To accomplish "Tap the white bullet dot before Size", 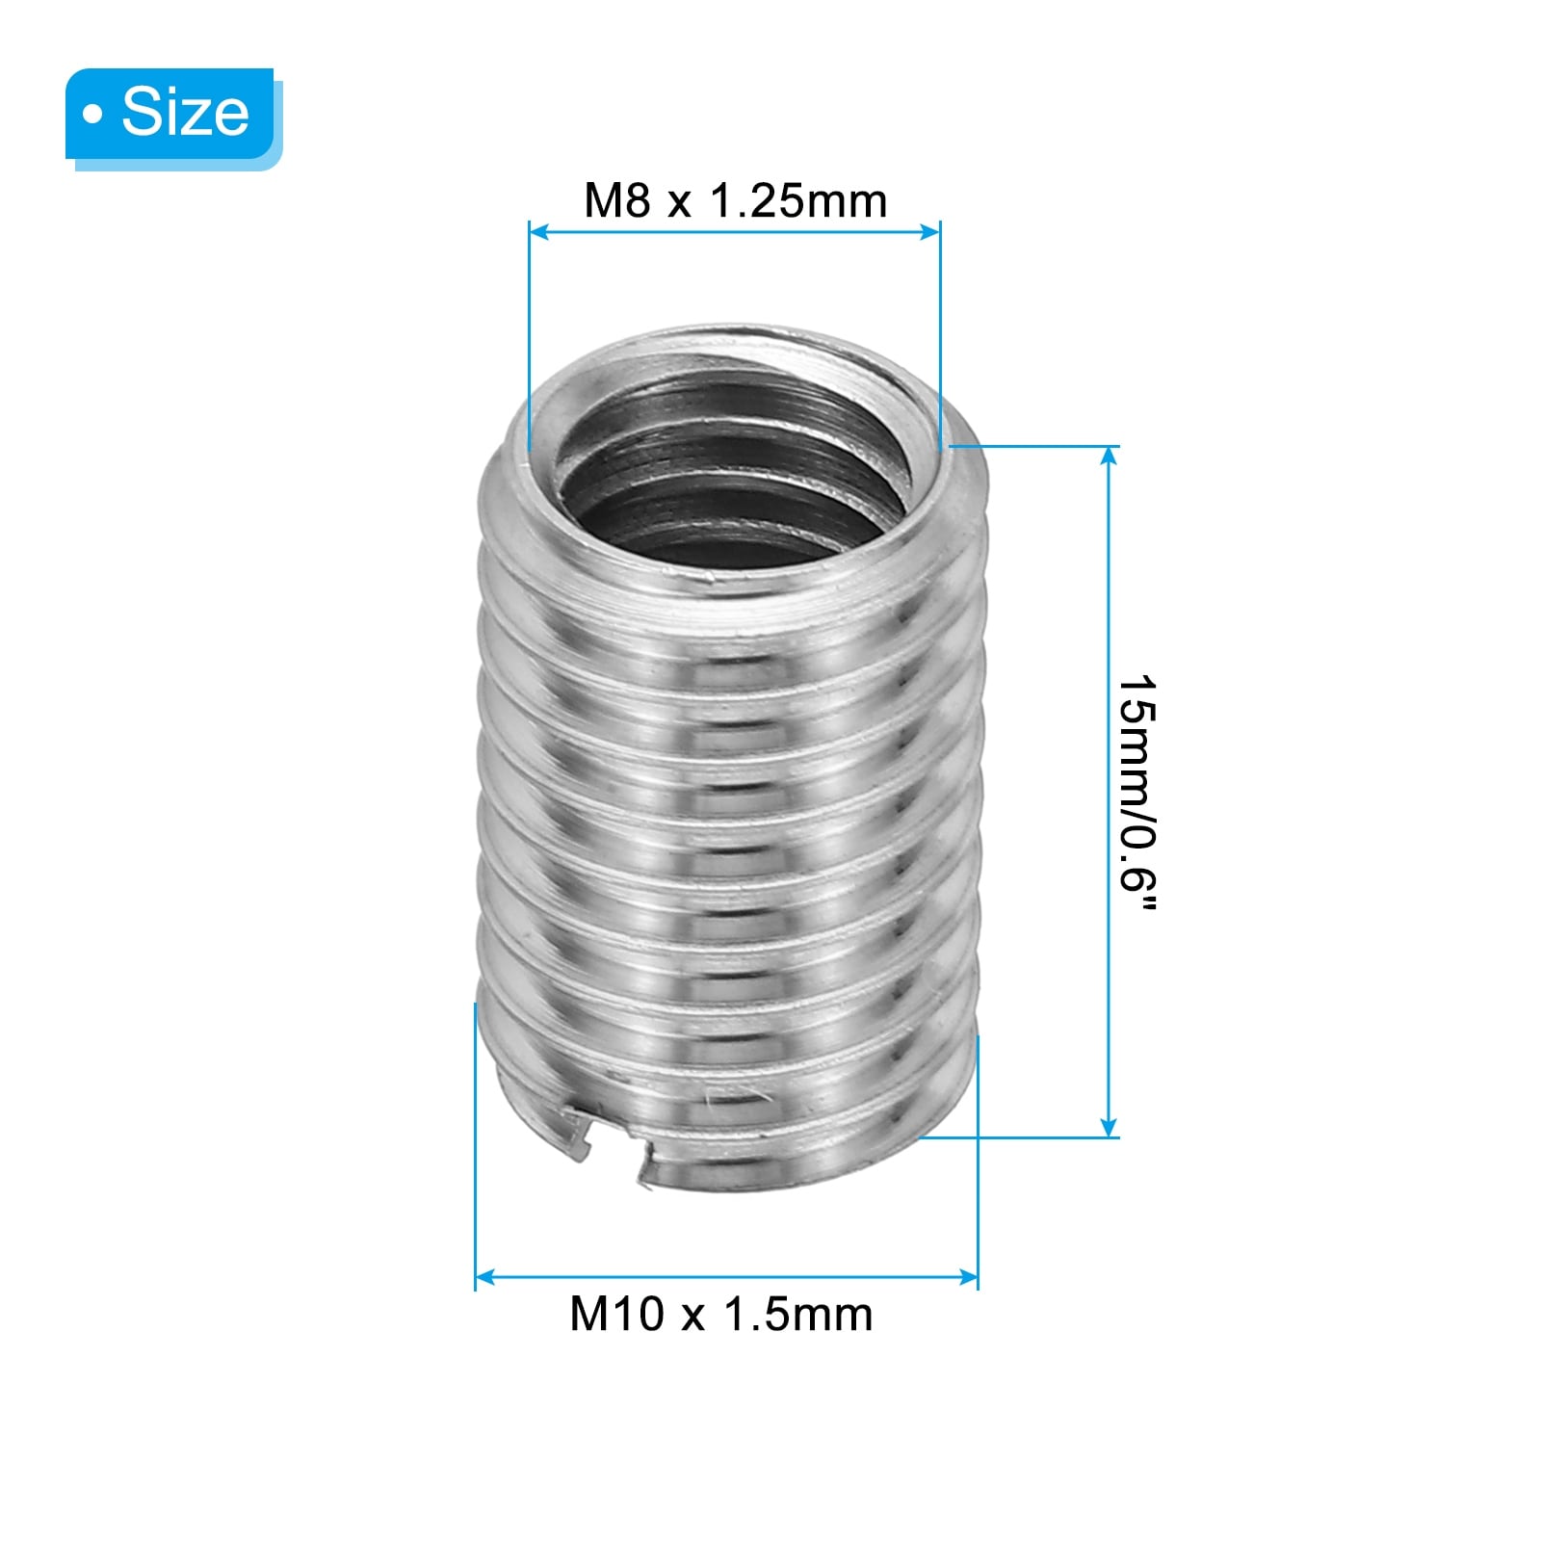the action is [x=92, y=116].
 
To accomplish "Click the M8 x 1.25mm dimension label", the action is [x=735, y=201].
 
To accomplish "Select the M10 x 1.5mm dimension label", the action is [x=721, y=1314].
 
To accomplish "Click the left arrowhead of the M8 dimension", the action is [x=538, y=231].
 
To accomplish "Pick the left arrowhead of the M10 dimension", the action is [x=485, y=1278].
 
